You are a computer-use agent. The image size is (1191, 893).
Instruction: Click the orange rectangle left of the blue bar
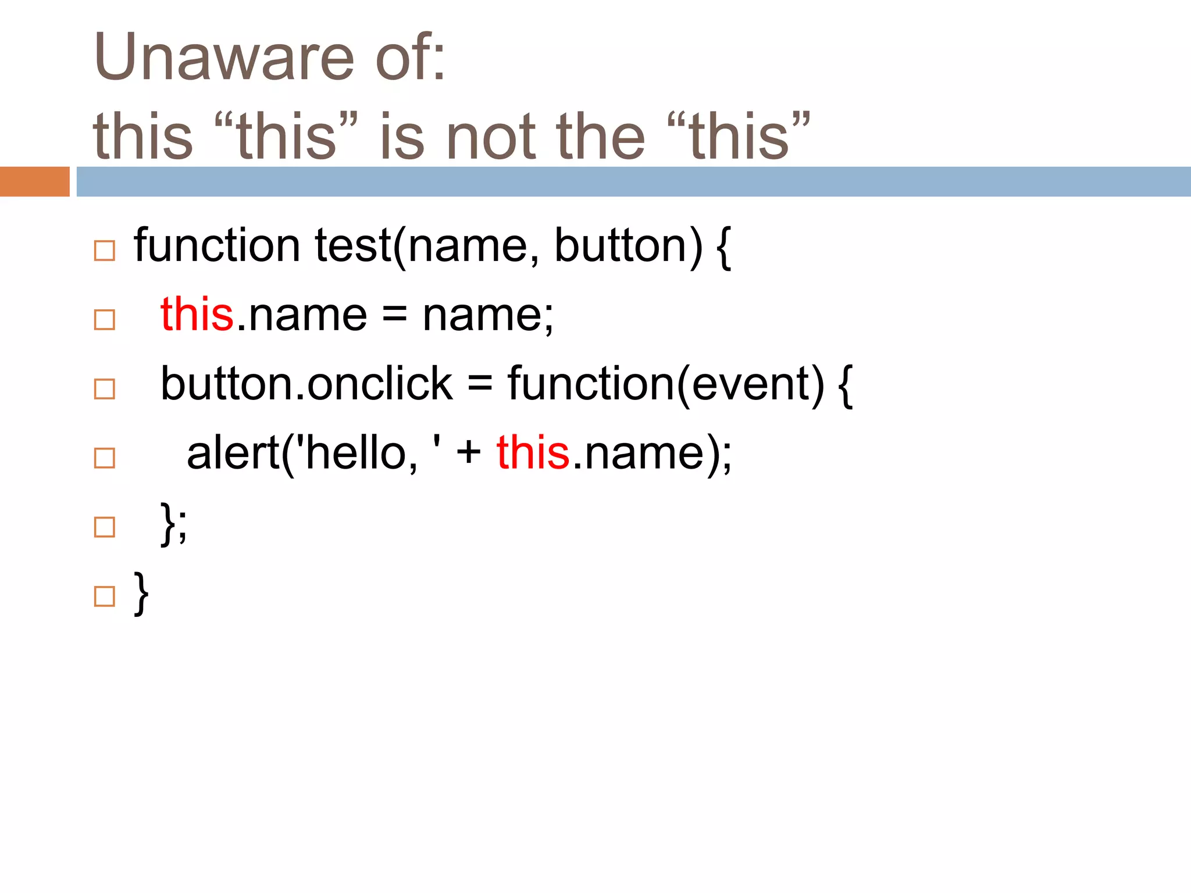click(34, 181)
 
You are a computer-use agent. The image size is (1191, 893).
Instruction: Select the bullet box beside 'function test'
click(105, 251)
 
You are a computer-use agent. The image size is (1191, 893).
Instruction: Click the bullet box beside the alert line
click(105, 458)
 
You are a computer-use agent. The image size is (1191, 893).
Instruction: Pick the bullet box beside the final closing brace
click(105, 596)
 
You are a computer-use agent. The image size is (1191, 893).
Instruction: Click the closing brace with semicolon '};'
click(174, 523)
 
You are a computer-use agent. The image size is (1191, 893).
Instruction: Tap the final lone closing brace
click(141, 593)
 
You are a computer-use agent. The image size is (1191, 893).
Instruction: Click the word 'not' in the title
click(491, 137)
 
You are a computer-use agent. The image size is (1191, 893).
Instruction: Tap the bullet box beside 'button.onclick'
click(105, 389)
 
